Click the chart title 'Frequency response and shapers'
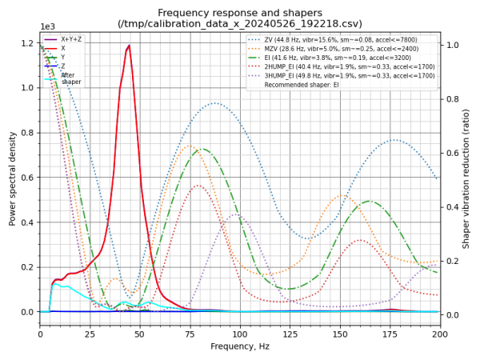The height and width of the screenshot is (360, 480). click(x=240, y=13)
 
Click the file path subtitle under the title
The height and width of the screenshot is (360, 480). click(x=240, y=24)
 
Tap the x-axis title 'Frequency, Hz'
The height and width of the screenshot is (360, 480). click(x=240, y=346)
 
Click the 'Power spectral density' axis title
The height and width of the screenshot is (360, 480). click(x=12, y=178)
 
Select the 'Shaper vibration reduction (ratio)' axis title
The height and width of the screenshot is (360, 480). click(x=466, y=178)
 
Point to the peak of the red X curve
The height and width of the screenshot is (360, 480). click(x=128, y=46)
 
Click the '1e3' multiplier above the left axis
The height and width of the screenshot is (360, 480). click(x=47, y=26)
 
